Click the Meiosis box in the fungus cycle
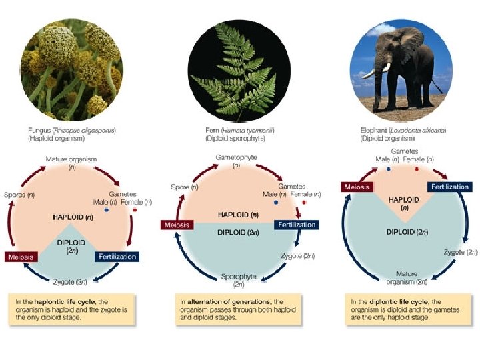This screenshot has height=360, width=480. pos(21,257)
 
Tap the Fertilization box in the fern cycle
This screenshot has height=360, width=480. pos(297,225)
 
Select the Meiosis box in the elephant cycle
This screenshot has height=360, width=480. pos(357,187)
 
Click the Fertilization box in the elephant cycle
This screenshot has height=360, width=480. pos(451,187)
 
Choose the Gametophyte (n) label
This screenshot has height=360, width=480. pos(237,161)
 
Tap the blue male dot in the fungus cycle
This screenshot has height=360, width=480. pos(106,211)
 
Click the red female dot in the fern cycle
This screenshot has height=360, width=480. pos(304,201)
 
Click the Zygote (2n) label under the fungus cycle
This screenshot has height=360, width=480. pos(71,281)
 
